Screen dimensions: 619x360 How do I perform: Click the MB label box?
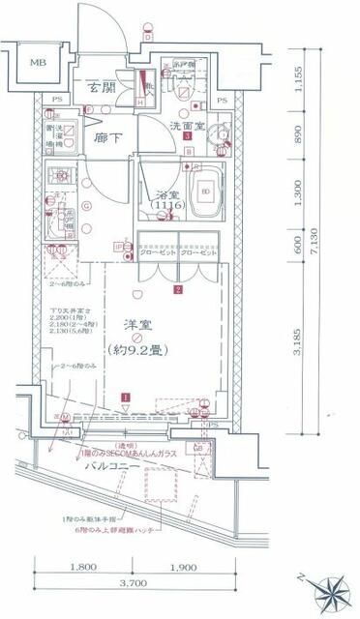(x=38, y=63)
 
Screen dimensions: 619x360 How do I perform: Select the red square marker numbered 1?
(x=125, y=397)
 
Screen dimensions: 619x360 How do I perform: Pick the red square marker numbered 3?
(x=186, y=137)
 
